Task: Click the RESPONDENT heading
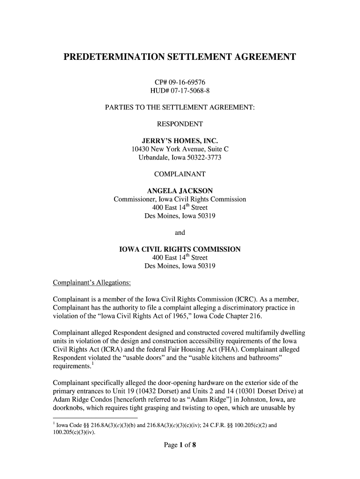(180, 124)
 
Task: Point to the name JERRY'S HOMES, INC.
(180, 141)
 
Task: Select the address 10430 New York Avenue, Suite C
(180, 150)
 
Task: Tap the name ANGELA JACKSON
(180, 191)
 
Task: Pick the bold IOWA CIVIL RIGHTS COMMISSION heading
(180, 249)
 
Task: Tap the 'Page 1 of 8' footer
(180, 445)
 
